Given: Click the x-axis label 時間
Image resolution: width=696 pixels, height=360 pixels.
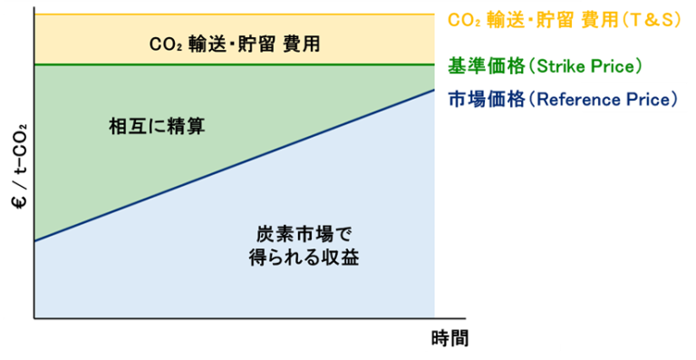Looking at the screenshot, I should [449, 339].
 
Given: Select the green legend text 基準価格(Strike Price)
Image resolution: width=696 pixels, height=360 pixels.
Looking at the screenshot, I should [545, 66].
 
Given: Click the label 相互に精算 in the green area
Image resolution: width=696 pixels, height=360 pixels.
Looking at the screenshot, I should [156, 127].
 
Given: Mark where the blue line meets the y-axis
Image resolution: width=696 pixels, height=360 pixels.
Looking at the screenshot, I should [34, 241].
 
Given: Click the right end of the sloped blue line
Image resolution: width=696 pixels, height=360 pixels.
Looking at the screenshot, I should [433, 91].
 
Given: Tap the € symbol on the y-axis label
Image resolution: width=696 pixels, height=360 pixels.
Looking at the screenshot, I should [19, 204].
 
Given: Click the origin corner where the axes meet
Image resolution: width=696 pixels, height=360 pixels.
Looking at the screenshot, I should [34, 318].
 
